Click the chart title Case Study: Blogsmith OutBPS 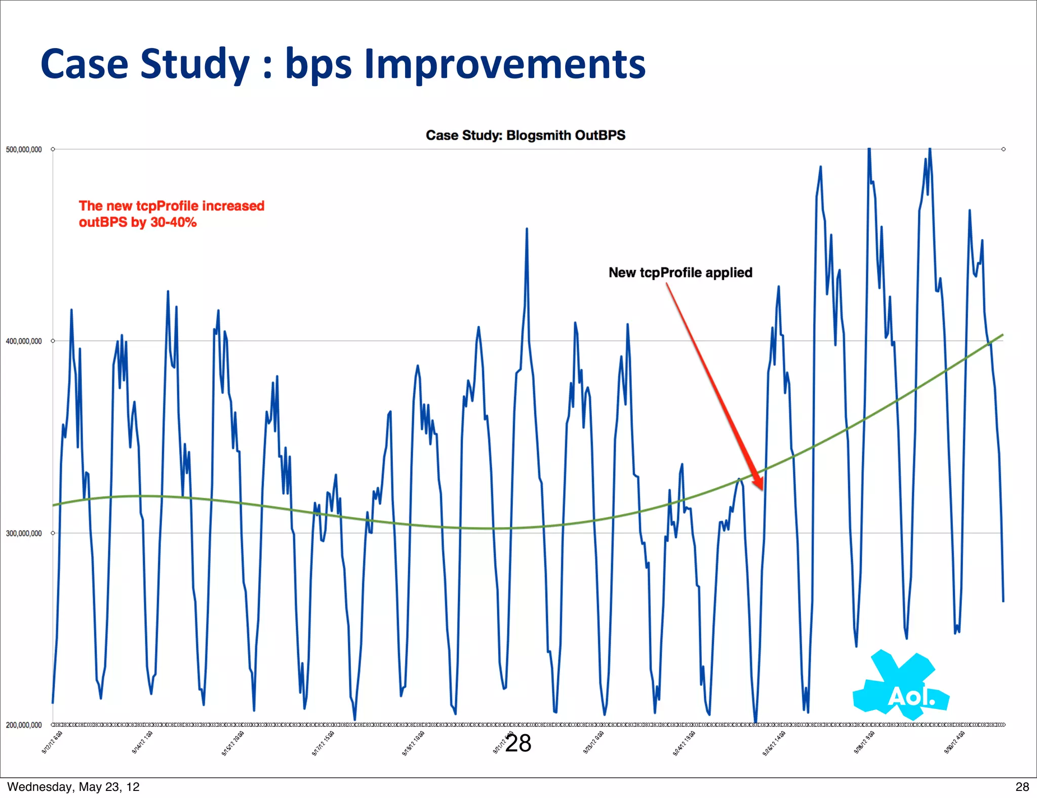tap(525, 135)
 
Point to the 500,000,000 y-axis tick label tap(24, 149)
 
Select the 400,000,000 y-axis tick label tap(24, 341)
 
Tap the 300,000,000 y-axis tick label tap(24, 533)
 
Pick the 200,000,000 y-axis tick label tap(24, 725)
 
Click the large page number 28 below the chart tap(518, 743)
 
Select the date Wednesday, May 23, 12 tap(73, 786)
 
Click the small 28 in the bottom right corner tap(1022, 786)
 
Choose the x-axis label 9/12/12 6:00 tap(52, 743)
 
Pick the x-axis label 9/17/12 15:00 tap(323, 744)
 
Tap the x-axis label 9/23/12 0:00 tap(593, 743)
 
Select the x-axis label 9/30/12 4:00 tap(954, 743)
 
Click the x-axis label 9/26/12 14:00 tap(774, 744)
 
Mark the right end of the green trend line tap(1003, 335)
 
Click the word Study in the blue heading tap(195, 64)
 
